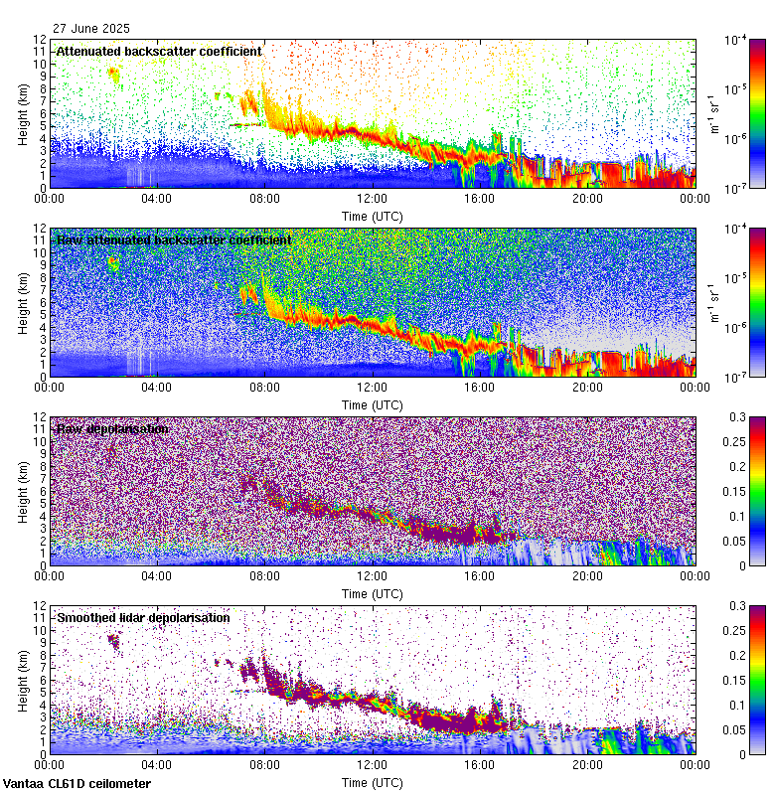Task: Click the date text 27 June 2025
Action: coord(90,29)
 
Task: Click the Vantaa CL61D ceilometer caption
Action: coord(77,784)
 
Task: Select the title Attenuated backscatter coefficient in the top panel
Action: coord(159,51)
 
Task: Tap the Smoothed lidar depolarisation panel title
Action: coord(143,617)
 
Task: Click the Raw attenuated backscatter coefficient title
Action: coord(174,239)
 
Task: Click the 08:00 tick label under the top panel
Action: coord(264,198)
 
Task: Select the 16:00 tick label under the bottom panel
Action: coord(480,764)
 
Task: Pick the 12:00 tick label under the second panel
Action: coord(373,387)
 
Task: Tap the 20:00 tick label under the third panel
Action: coord(587,575)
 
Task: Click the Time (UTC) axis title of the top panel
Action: coord(373,215)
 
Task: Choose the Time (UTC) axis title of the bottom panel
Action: coord(373,782)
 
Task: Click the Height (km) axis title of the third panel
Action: coord(23,491)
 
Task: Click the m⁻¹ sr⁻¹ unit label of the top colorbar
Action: coord(712,113)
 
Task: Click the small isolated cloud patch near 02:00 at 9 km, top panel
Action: coord(112,74)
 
